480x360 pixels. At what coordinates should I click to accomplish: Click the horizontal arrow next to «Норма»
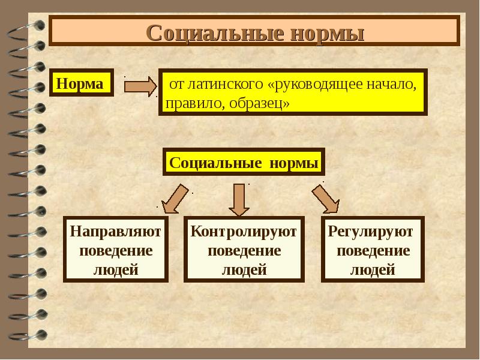tap(139, 85)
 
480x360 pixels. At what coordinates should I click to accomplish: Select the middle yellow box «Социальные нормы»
tap(244, 163)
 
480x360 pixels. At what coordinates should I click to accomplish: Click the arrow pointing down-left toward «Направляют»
tap(174, 199)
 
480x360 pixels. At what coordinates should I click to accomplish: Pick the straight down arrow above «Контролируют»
tap(239, 199)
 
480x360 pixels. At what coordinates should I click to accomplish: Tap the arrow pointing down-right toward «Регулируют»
tap(325, 198)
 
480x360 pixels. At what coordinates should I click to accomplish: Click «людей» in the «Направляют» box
tap(116, 269)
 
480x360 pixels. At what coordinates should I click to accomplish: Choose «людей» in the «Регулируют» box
tap(372, 269)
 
